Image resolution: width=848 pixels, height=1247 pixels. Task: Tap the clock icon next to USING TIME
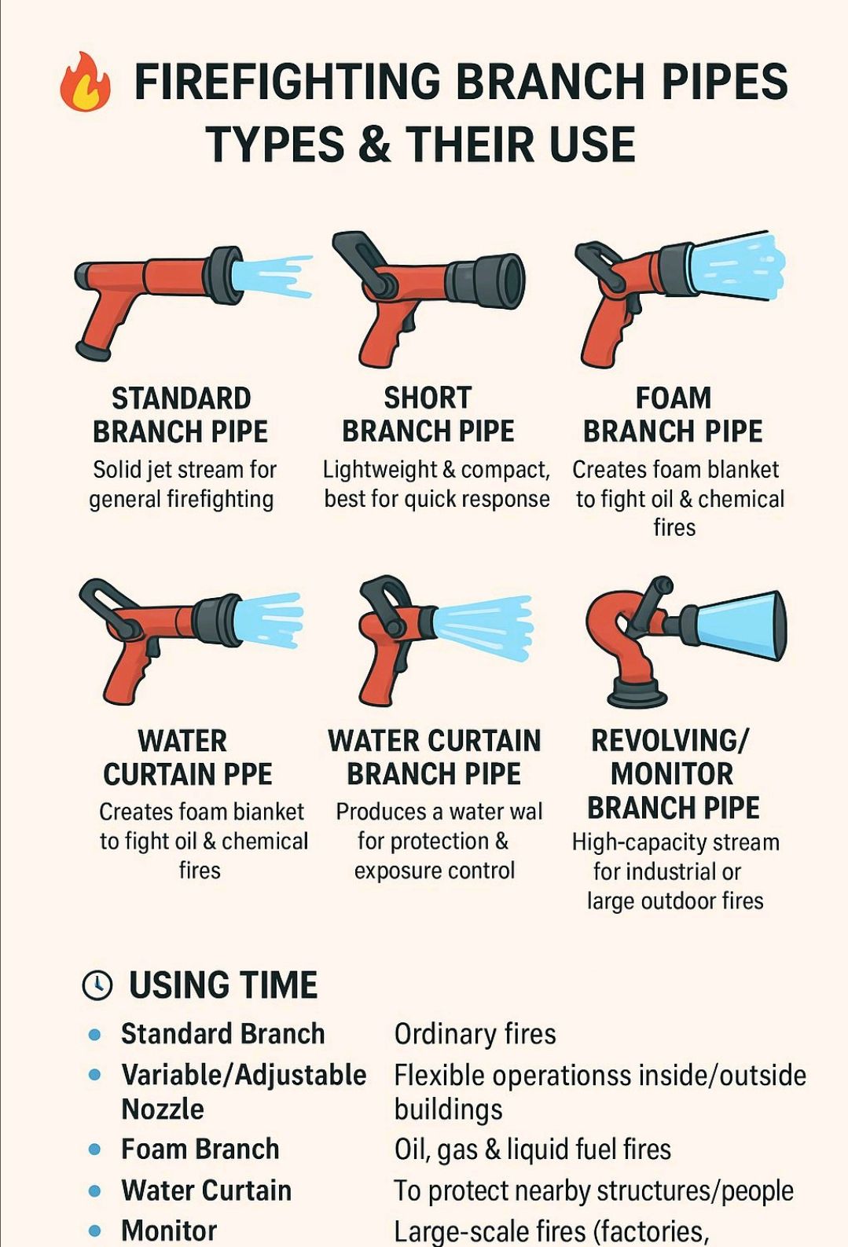[x=97, y=985]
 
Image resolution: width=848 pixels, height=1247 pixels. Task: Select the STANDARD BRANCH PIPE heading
[x=181, y=416]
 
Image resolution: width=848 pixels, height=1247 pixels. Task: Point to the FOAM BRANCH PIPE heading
[x=674, y=415]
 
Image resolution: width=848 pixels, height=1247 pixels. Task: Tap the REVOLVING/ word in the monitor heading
[x=670, y=740]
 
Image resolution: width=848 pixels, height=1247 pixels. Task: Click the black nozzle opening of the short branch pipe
[x=511, y=281]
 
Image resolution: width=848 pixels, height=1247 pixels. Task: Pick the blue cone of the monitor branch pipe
[x=740, y=625]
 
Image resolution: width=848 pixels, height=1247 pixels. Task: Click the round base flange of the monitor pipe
[x=637, y=693]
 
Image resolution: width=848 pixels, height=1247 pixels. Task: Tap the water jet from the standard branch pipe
[x=271, y=277]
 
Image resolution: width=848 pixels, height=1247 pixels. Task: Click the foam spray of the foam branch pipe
[x=738, y=268]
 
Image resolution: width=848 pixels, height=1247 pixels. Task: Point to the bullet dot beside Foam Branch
[x=94, y=1149]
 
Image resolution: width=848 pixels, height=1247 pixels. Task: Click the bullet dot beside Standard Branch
[x=94, y=1034]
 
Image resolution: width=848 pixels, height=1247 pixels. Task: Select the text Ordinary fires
[x=475, y=1034]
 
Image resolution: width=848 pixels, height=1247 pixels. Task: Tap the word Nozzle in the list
[x=163, y=1109]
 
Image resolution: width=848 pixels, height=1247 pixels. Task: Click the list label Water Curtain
[x=207, y=1190]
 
